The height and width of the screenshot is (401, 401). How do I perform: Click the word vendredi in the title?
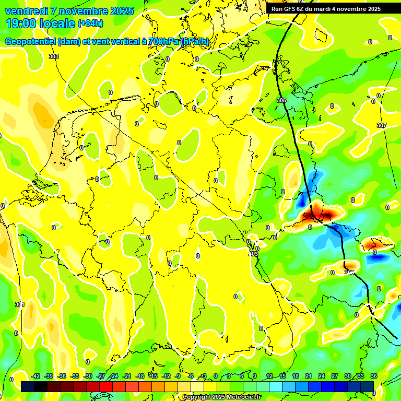25,11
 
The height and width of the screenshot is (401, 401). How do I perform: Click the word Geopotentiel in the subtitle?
30,42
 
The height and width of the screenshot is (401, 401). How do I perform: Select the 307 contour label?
381,125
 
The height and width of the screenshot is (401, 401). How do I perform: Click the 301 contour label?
19,304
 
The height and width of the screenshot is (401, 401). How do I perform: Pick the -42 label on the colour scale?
36,376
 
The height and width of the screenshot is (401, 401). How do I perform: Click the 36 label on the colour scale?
374,376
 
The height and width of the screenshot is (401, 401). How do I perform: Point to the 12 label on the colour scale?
269,376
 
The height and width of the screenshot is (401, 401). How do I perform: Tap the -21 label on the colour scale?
127,376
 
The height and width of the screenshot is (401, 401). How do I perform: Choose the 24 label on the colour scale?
322,376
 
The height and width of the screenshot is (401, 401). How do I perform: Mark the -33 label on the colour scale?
75,376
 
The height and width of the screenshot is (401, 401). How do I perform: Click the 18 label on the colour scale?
296,376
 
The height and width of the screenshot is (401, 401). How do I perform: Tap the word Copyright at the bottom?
197,397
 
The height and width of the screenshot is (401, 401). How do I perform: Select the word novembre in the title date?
84,11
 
